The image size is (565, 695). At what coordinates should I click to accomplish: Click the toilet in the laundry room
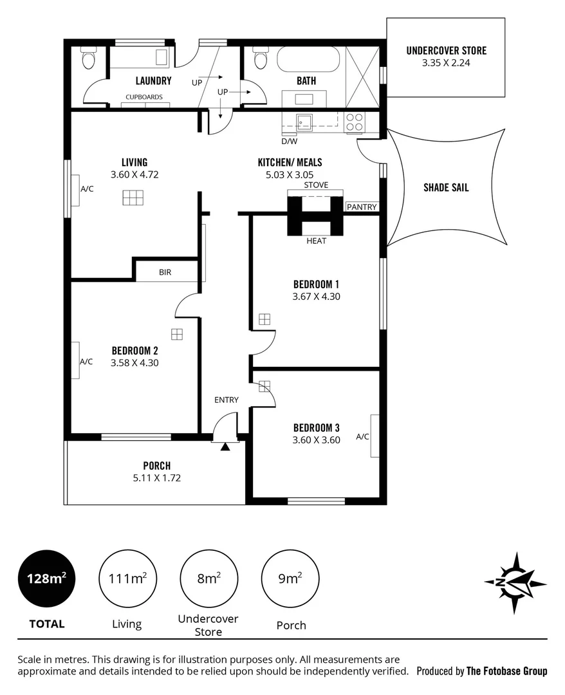pyautogui.click(x=88, y=60)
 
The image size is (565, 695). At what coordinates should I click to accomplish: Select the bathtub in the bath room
pyautogui.click(x=308, y=62)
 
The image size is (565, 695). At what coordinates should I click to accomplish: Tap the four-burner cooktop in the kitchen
pyautogui.click(x=355, y=122)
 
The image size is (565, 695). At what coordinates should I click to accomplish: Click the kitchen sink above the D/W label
pyautogui.click(x=304, y=122)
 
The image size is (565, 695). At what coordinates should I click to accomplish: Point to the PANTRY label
pyautogui.click(x=362, y=207)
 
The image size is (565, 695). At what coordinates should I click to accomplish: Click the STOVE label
pyautogui.click(x=316, y=185)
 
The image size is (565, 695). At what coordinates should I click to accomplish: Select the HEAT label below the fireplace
pyautogui.click(x=316, y=241)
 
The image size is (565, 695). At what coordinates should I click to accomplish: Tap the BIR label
pyautogui.click(x=165, y=272)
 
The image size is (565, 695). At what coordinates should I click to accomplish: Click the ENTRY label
pyautogui.click(x=227, y=400)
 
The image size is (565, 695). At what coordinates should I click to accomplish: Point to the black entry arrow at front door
pyautogui.click(x=225, y=447)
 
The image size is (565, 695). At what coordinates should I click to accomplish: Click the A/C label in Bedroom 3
pyautogui.click(x=362, y=437)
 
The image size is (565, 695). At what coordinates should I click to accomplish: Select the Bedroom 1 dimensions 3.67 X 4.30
pyautogui.click(x=316, y=297)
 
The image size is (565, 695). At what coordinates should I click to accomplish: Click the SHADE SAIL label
pyautogui.click(x=446, y=188)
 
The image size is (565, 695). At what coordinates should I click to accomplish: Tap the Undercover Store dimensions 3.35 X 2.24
pyautogui.click(x=446, y=63)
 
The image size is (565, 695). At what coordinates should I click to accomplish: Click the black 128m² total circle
pyautogui.click(x=46, y=578)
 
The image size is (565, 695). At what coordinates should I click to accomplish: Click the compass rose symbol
pyautogui.click(x=515, y=582)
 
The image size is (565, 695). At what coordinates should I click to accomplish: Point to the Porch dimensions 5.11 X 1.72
pyautogui.click(x=157, y=478)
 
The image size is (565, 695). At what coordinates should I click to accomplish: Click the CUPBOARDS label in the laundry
pyautogui.click(x=144, y=97)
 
